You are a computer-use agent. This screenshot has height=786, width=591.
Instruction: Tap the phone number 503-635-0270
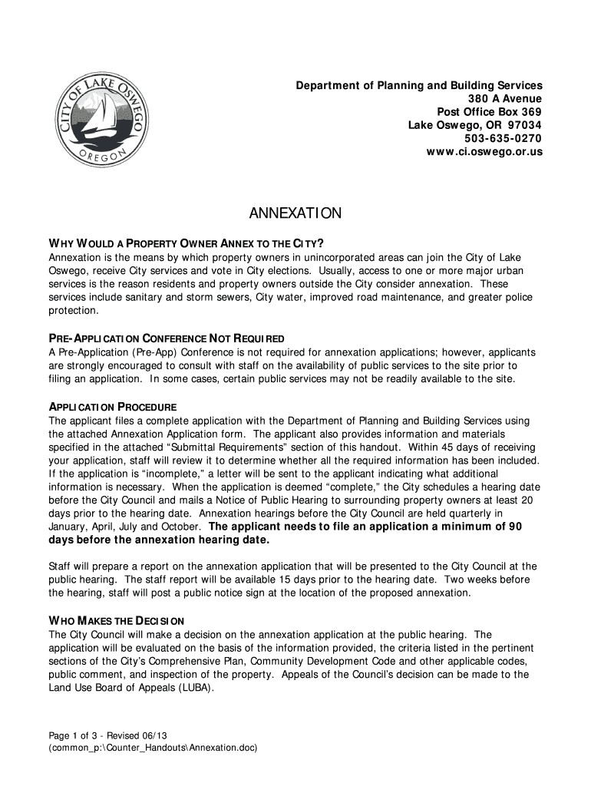click(503, 139)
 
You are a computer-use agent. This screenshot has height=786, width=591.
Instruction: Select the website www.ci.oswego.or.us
click(484, 152)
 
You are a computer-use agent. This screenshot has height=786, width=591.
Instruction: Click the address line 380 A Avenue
click(505, 99)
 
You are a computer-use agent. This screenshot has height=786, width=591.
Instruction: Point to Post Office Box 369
click(489, 112)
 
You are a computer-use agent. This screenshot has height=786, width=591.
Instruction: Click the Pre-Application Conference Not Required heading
click(167, 339)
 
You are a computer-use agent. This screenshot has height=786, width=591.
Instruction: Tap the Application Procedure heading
click(113, 407)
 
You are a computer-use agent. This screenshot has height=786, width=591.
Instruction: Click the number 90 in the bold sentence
click(515, 527)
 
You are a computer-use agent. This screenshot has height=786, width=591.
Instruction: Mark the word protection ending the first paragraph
click(74, 311)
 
